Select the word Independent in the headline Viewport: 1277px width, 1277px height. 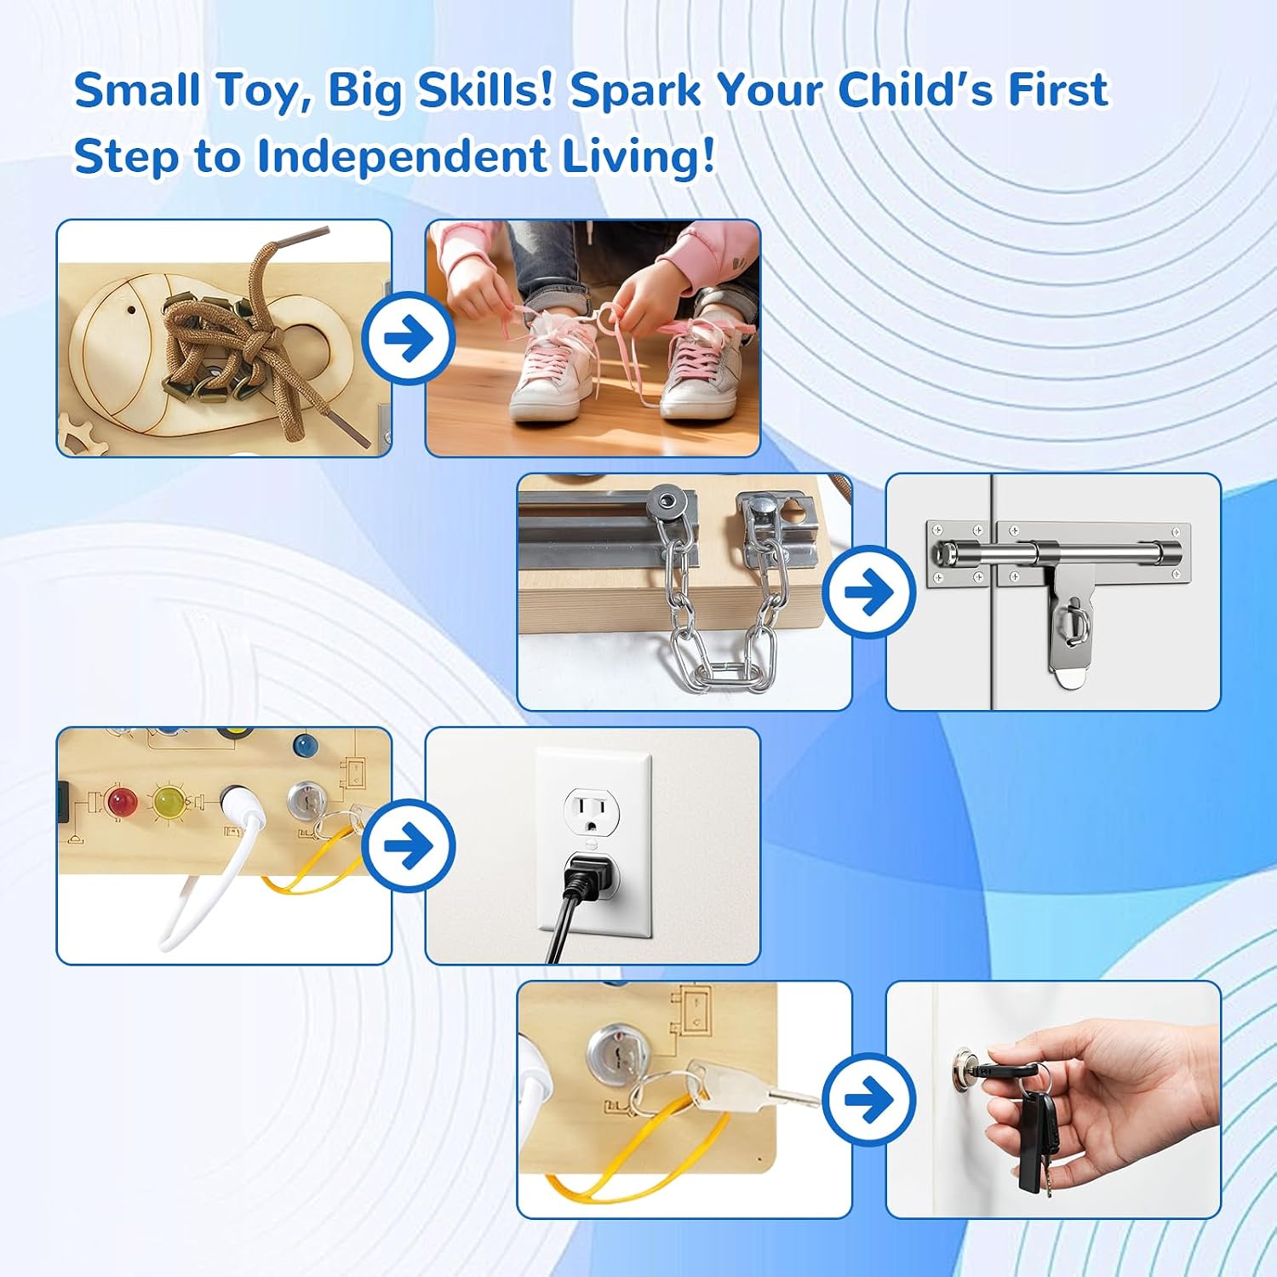[x=402, y=156]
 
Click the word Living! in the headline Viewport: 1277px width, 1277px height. [x=639, y=157]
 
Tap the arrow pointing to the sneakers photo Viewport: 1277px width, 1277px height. [x=409, y=338]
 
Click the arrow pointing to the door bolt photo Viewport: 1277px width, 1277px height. [x=869, y=592]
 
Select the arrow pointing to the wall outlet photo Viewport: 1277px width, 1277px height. [x=409, y=845]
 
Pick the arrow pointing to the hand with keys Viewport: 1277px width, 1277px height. [x=869, y=1099]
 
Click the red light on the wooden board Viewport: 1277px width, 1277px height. [x=122, y=801]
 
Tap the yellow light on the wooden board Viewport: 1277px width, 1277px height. [x=169, y=801]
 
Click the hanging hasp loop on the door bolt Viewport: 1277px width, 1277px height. [x=1075, y=626]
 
